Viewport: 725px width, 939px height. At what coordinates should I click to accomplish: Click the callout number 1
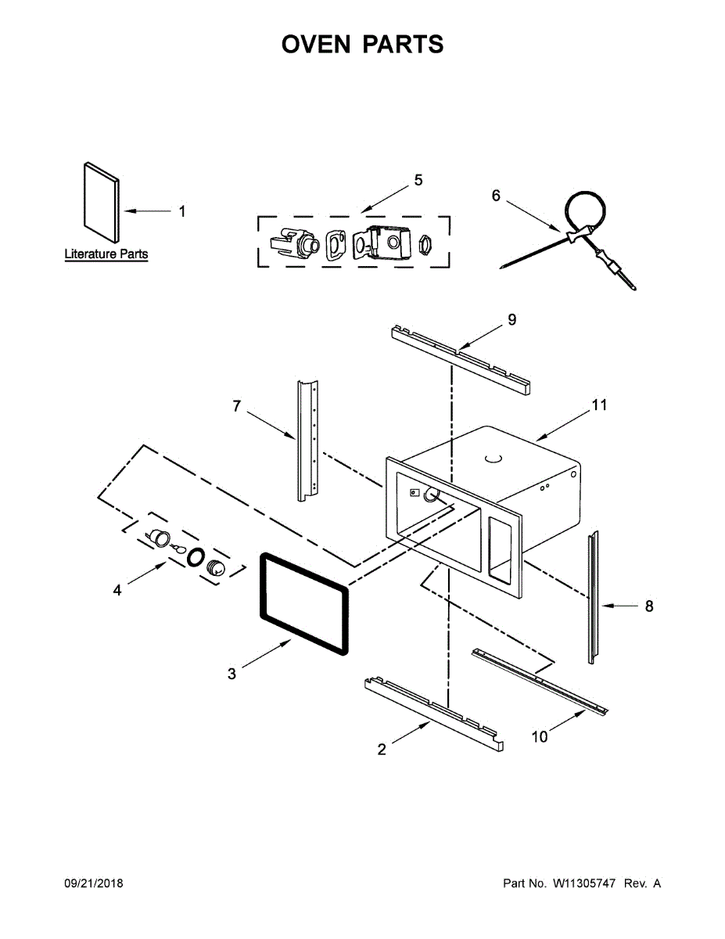point(182,211)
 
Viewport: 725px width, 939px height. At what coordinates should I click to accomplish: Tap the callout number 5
point(418,181)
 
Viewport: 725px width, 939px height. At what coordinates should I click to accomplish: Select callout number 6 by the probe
point(496,196)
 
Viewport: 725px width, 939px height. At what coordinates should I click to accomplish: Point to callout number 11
point(599,405)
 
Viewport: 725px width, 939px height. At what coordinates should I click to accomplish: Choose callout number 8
point(648,606)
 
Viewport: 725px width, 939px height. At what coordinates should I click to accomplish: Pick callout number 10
point(540,736)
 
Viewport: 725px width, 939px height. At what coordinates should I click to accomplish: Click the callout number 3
point(231,673)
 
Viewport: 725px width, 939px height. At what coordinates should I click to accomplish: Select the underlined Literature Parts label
point(106,254)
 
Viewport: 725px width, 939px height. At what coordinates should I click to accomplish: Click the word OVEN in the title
point(317,45)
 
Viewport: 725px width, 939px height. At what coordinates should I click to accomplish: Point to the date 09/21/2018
point(93,883)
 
